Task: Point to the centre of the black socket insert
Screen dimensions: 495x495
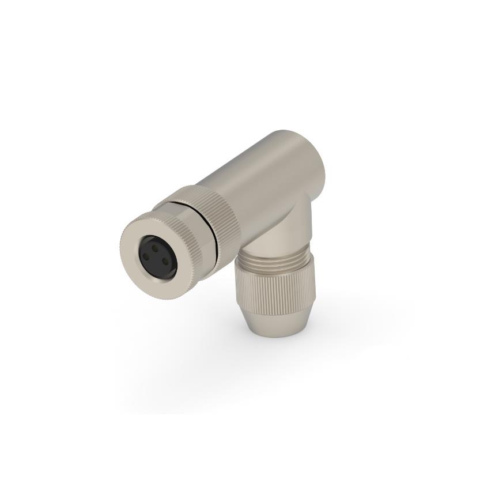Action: click(x=156, y=259)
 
